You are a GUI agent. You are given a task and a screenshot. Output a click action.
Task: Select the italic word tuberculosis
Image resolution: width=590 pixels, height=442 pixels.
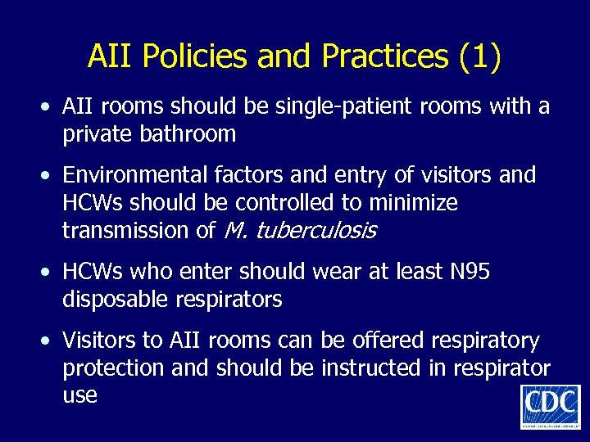[316, 230]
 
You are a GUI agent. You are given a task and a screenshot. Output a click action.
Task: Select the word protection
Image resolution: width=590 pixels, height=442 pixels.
[113, 368]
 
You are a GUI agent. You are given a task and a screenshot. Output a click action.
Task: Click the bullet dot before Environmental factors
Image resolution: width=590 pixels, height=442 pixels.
[49, 175]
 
